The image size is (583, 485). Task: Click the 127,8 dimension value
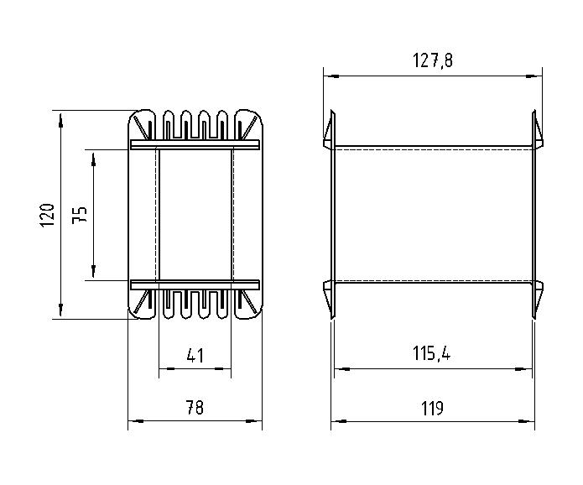pos(433,60)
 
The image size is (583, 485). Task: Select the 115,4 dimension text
pos(431,353)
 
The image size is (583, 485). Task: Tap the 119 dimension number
pos(432,408)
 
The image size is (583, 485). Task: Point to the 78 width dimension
pos(195,407)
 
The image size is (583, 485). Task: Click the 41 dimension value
pos(195,355)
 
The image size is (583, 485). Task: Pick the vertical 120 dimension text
pos(47,215)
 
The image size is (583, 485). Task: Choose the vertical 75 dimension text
pos(80,215)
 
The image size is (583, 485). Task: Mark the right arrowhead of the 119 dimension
pos(527,421)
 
